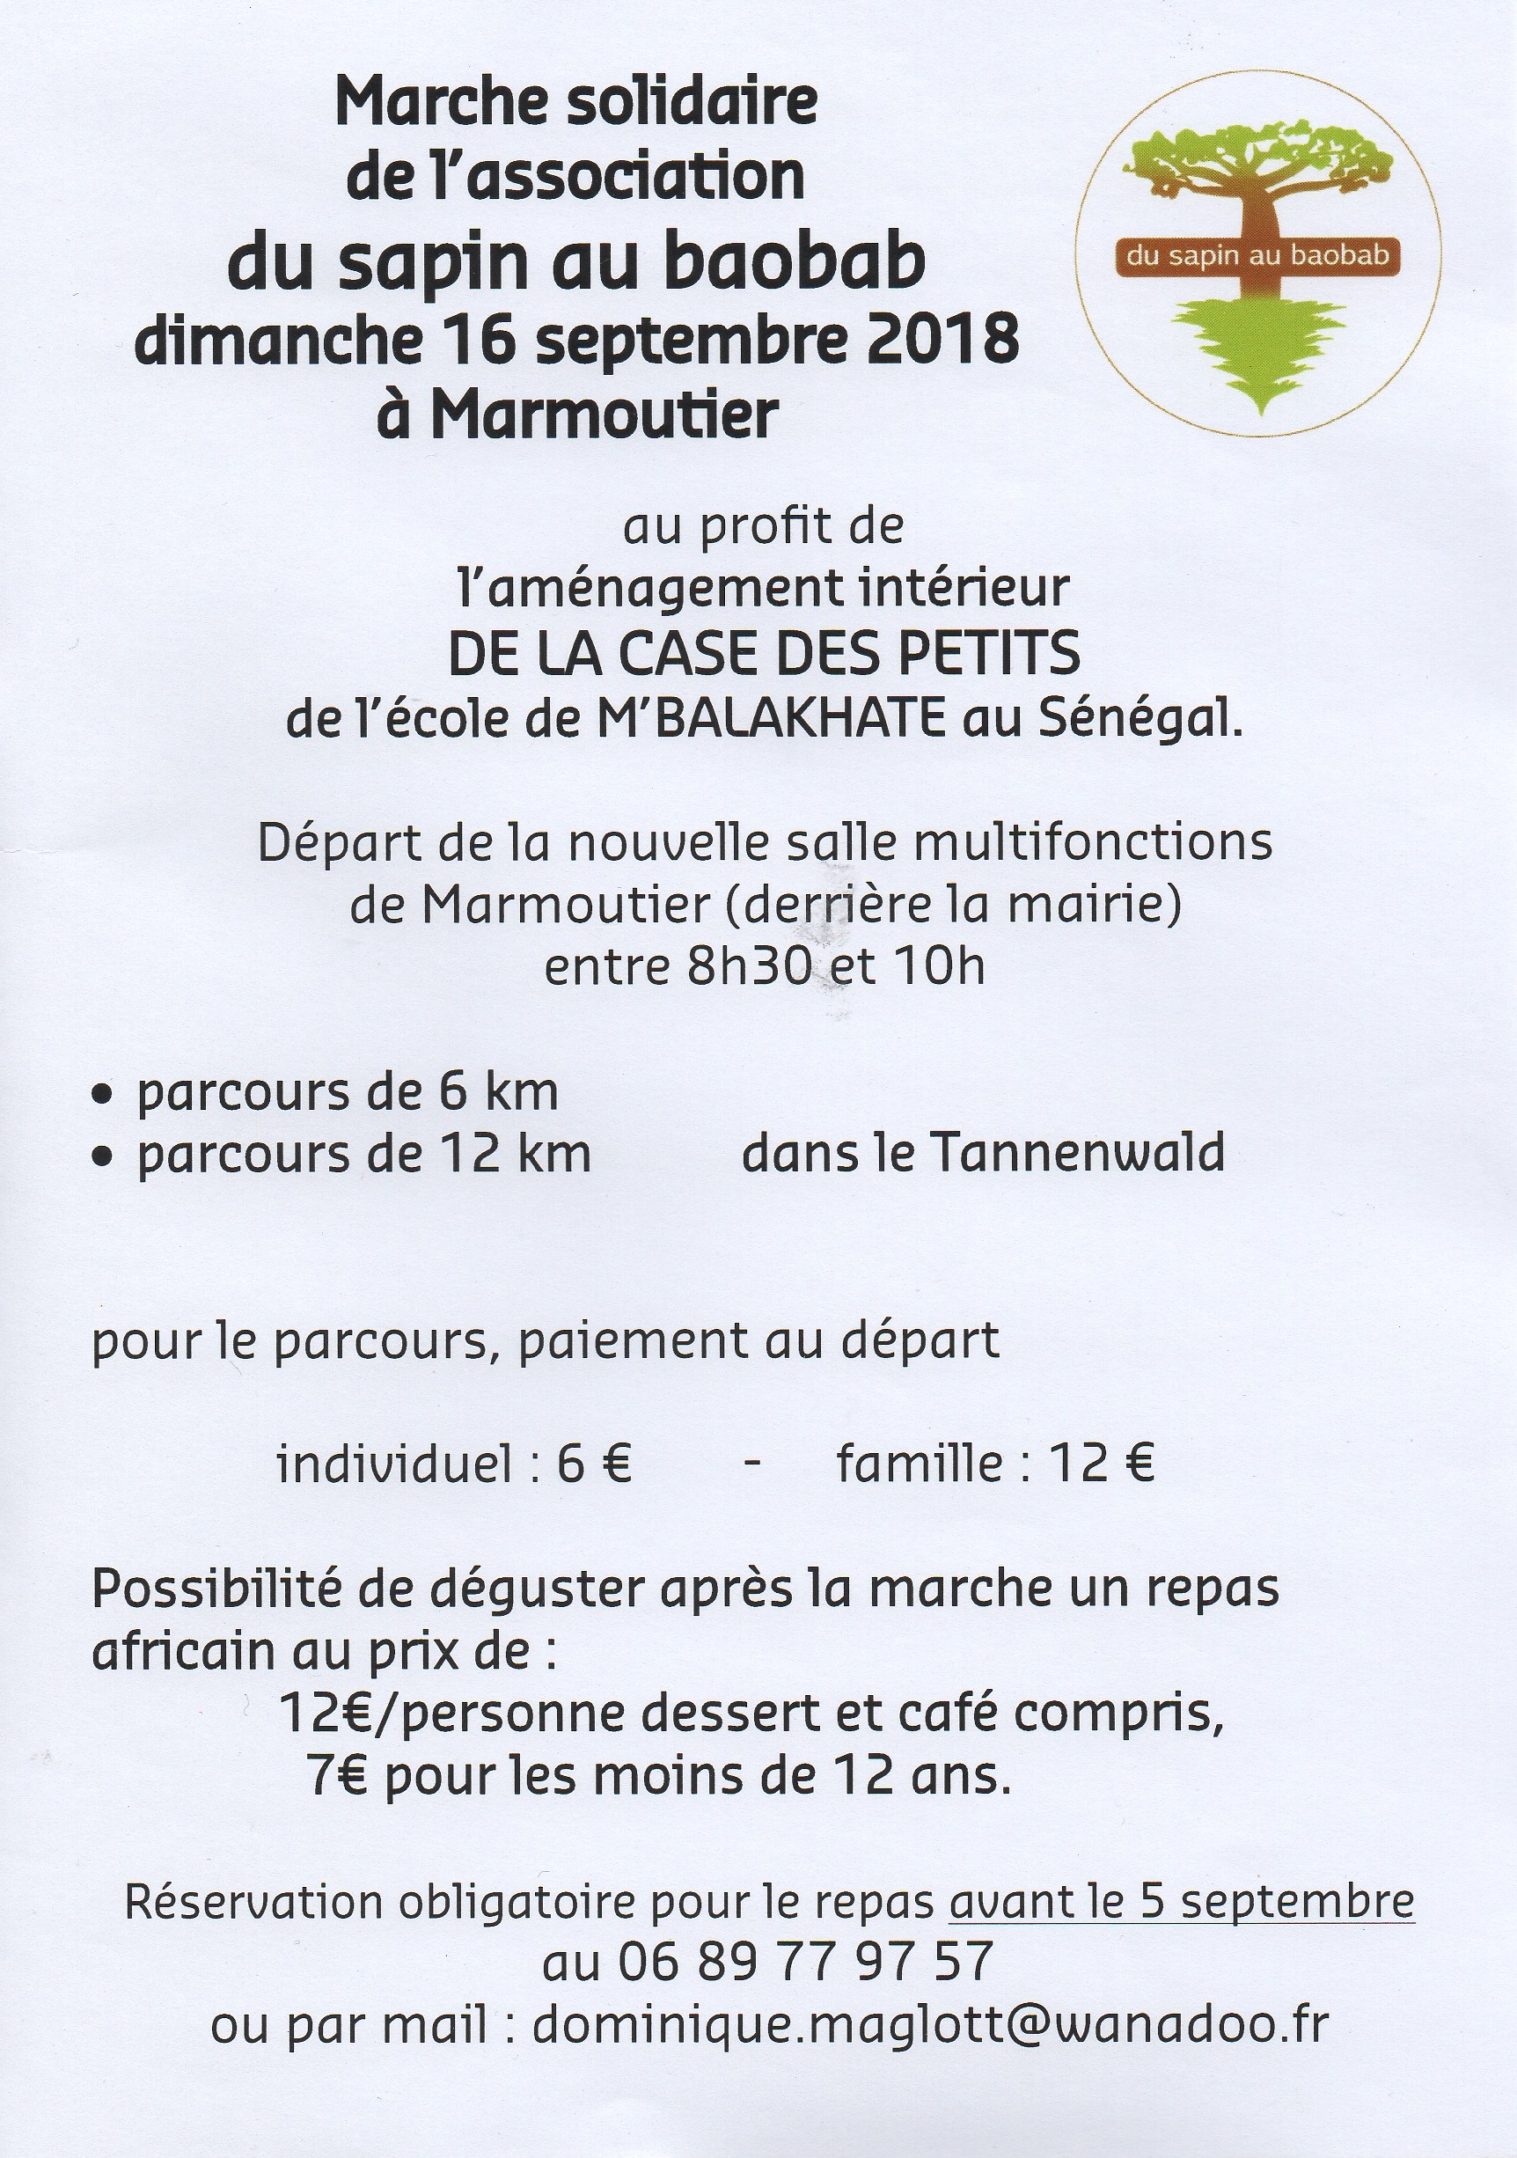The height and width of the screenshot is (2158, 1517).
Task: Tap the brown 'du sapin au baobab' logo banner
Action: coord(1257,255)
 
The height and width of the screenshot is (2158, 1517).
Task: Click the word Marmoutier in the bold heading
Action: coord(605,414)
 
